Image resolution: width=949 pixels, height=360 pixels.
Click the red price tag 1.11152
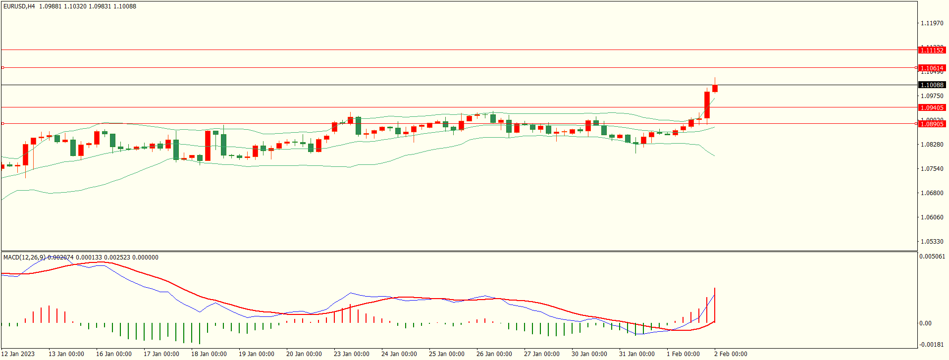point(932,50)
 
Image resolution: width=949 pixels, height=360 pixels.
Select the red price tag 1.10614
point(932,68)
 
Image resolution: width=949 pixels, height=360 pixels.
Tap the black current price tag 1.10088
point(932,85)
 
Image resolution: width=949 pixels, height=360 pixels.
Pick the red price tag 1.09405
point(932,107)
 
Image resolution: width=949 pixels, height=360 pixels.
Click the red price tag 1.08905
point(932,124)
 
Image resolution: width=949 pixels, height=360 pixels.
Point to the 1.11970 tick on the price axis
point(932,23)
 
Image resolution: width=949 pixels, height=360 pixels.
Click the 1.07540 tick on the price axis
point(932,169)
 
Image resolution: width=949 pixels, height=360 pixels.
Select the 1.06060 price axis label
point(932,217)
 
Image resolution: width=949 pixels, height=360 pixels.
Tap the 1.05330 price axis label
point(932,242)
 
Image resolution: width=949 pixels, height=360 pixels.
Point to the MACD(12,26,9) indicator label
point(24,257)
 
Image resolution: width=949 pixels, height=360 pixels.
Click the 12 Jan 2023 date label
point(19,354)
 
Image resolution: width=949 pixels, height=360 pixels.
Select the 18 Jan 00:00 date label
point(209,354)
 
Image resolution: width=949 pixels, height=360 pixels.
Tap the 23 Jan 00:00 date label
point(351,354)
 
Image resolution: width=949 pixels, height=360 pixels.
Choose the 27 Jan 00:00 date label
point(541,354)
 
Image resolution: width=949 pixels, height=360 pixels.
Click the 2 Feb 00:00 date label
point(731,354)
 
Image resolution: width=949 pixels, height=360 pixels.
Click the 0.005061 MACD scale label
point(932,257)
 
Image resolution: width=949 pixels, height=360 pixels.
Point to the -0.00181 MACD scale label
point(932,345)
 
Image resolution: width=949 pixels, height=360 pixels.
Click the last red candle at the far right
point(715,89)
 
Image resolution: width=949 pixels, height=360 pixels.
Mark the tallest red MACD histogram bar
point(715,305)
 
